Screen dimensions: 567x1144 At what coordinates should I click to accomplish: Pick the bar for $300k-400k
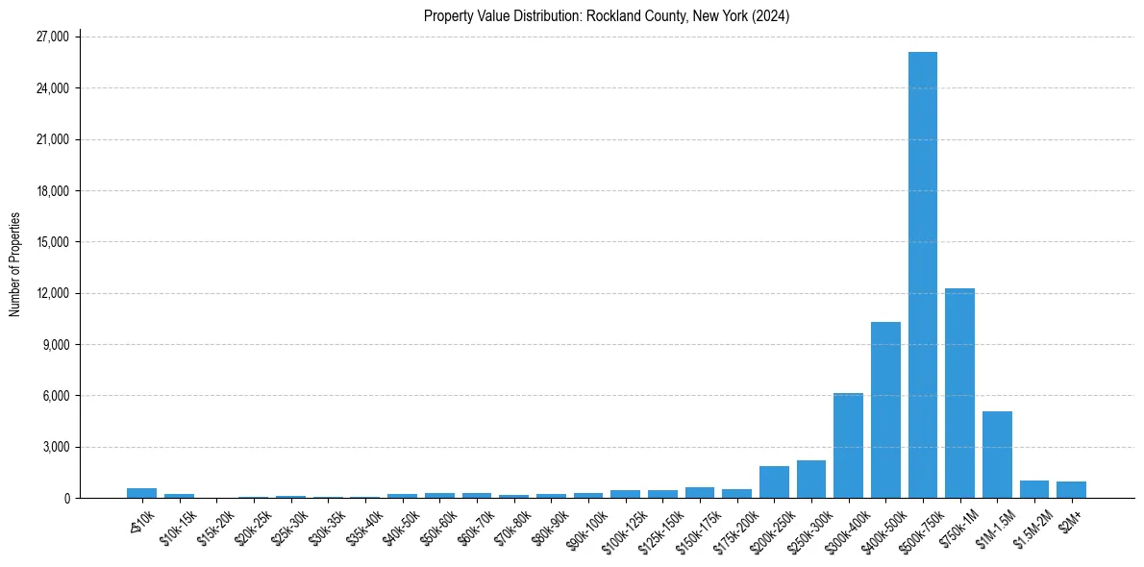coord(848,446)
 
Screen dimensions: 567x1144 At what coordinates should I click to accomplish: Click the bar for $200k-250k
coord(774,482)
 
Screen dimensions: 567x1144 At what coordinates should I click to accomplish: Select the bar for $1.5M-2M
coord(1034,489)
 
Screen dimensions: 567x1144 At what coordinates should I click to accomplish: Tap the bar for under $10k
coord(141,493)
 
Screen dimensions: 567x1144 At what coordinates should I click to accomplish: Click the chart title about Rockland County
coord(607,16)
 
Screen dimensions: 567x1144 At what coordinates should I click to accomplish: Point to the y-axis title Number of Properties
coord(15,264)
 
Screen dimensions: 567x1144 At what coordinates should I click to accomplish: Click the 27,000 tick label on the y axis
coord(52,37)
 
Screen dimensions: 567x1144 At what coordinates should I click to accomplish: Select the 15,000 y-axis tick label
coord(52,242)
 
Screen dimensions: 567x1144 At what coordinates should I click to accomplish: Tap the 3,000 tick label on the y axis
coord(56,447)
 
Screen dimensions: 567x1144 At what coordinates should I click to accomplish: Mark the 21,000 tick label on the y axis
coord(52,139)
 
